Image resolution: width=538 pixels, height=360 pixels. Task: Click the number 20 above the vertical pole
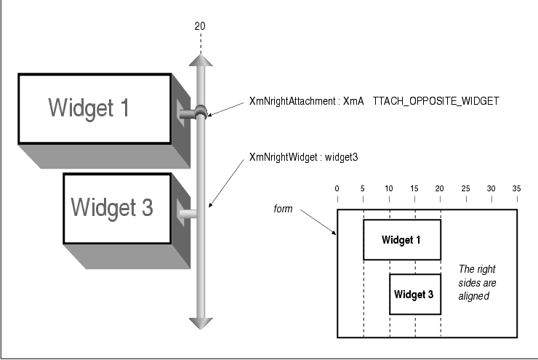pyautogui.click(x=200, y=26)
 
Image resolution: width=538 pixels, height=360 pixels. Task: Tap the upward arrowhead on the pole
pyautogui.click(x=200, y=59)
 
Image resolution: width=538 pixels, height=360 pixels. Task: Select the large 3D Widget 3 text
pyautogui.click(x=112, y=207)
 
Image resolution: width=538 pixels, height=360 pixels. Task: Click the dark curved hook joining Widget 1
pyautogui.click(x=198, y=112)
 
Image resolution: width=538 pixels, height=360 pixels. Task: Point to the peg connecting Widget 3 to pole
pyautogui.click(x=188, y=214)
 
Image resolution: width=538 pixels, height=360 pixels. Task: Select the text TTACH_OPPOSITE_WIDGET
pyautogui.click(x=435, y=102)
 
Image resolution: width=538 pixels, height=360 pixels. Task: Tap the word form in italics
pyautogui.click(x=283, y=209)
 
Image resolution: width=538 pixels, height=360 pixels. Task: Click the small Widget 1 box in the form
pyautogui.click(x=401, y=239)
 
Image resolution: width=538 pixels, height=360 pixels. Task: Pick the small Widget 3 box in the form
pyautogui.click(x=414, y=295)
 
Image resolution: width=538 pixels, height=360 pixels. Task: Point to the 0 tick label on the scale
pyautogui.click(x=337, y=189)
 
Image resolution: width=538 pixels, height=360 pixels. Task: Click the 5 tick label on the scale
pyautogui.click(x=363, y=189)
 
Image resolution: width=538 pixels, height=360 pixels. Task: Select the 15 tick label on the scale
pyautogui.click(x=414, y=189)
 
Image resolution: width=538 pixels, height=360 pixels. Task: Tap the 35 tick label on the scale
pyautogui.click(x=517, y=189)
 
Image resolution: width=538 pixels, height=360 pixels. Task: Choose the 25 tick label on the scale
pyautogui.click(x=465, y=189)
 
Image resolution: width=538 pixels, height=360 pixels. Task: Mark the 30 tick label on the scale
pyautogui.click(x=491, y=189)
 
